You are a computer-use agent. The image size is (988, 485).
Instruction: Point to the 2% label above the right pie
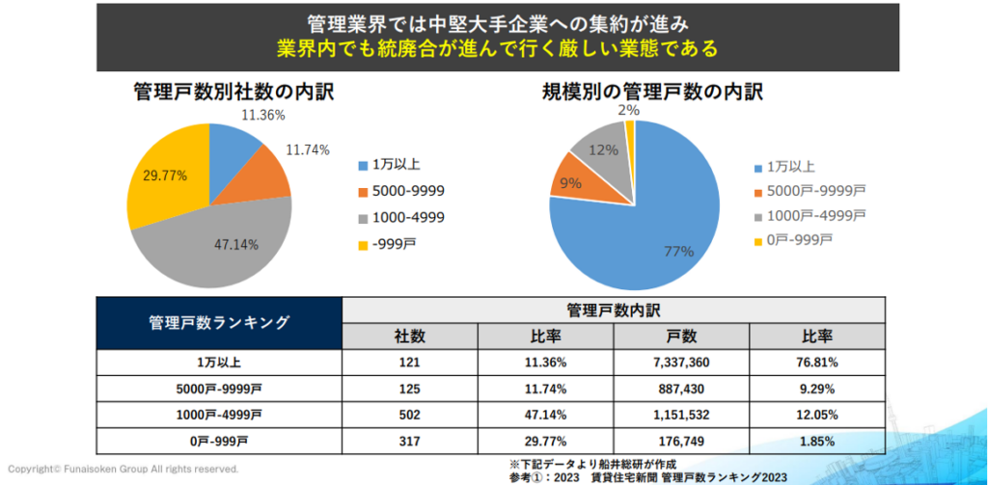pyautogui.click(x=628, y=111)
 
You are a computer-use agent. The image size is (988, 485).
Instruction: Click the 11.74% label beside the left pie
pyautogui.click(x=308, y=149)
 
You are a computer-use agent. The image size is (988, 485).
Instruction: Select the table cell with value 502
pyautogui.click(x=409, y=415)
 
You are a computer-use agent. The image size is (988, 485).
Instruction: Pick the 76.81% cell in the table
pyautogui.click(x=817, y=363)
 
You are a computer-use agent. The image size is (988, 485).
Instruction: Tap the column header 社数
pyautogui.click(x=409, y=336)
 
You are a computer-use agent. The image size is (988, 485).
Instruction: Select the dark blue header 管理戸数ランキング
pyautogui.click(x=220, y=323)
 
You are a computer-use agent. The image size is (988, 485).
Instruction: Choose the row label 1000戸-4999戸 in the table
pyautogui.click(x=220, y=415)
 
